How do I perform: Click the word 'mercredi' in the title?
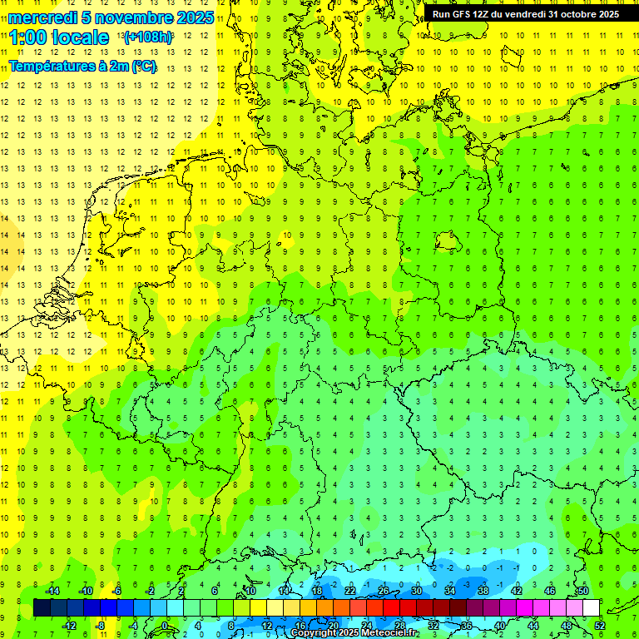41,17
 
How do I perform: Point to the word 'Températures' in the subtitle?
52,67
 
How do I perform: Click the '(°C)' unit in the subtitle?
142,67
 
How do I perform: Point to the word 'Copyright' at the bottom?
314,633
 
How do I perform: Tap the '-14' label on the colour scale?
52,591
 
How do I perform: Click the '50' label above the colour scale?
583,591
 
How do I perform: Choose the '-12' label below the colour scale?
69,626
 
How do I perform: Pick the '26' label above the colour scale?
384,591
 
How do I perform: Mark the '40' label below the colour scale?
499,626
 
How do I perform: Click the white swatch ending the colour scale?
592,608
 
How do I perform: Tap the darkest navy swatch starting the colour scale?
42,608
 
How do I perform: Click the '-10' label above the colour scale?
85,591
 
